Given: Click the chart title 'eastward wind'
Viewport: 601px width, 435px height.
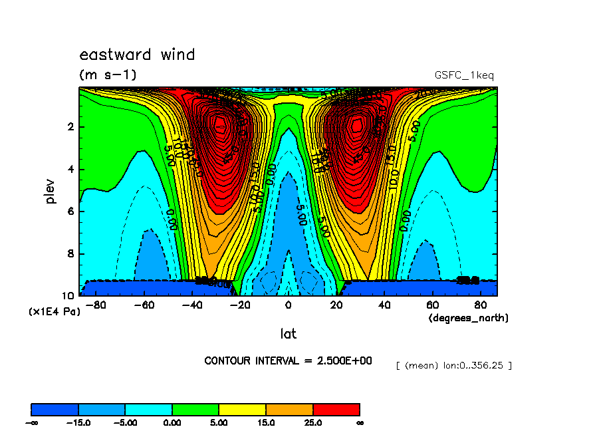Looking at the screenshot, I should [137, 55].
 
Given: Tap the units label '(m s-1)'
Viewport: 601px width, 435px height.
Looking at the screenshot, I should [108, 75].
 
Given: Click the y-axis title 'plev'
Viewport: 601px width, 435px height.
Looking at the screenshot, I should [51, 191].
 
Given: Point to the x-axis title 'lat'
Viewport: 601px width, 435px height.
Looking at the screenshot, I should [288, 334].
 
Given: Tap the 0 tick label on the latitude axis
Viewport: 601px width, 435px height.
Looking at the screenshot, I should [288, 305].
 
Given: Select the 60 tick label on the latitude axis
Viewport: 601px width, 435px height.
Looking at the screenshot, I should [431, 305].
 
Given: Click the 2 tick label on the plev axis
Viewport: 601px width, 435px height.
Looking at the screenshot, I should [70, 127].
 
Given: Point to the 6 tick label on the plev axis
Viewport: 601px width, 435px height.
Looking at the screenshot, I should [70, 212].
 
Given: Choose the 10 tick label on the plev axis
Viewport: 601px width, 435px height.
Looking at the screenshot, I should [68, 295].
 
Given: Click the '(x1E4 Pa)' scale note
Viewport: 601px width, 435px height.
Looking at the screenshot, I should [54, 311].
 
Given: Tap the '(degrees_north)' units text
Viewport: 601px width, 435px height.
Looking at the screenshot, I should [469, 319].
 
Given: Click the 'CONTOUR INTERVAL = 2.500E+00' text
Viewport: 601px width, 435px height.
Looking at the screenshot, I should [288, 361].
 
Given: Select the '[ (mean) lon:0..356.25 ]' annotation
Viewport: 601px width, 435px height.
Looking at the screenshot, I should [453, 365].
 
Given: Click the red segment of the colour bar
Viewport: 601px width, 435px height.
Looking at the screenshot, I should [336, 409].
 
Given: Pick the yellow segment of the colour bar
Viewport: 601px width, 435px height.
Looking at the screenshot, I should [242, 409].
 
